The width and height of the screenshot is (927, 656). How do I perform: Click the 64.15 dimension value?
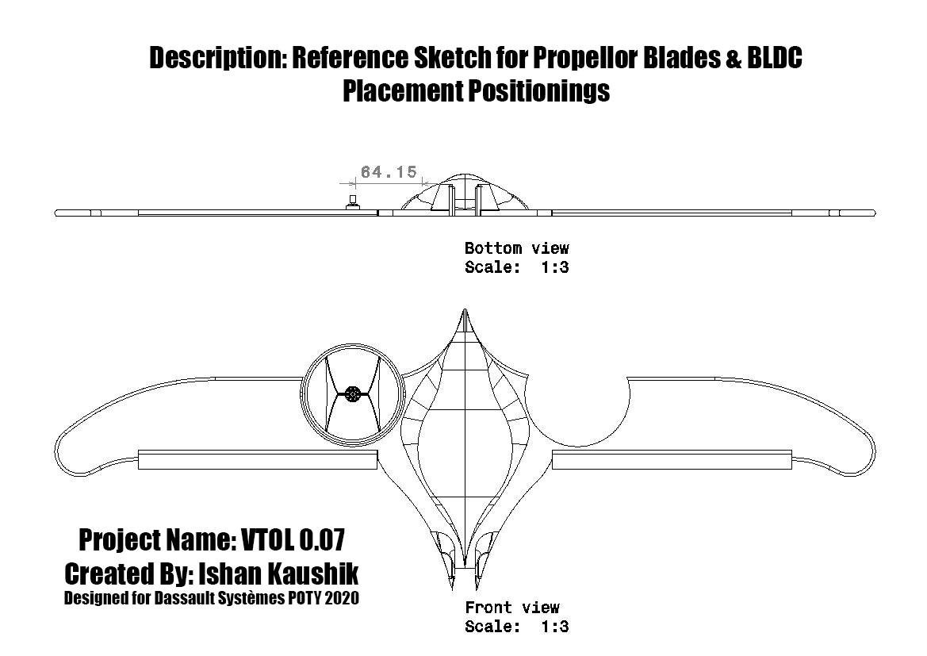[x=389, y=172]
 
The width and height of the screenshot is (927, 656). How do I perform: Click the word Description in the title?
[x=218, y=58]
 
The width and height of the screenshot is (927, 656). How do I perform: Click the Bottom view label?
[x=517, y=247]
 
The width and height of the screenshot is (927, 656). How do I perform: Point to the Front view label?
[x=512, y=608]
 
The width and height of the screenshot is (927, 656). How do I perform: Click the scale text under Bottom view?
[x=517, y=267]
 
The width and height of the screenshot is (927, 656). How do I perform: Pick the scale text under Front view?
[x=517, y=627]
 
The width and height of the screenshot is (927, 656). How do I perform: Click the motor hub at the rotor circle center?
[x=352, y=393]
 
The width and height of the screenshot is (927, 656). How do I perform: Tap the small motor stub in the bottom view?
[x=353, y=201]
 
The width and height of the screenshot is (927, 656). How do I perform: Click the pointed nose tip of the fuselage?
[x=465, y=309]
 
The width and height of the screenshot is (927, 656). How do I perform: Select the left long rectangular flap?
[x=258, y=459]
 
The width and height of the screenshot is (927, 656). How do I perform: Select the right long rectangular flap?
[x=672, y=459]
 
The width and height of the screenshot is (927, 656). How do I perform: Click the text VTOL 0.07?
[x=293, y=539]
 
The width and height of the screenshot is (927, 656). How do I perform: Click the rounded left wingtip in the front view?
[x=62, y=455]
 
